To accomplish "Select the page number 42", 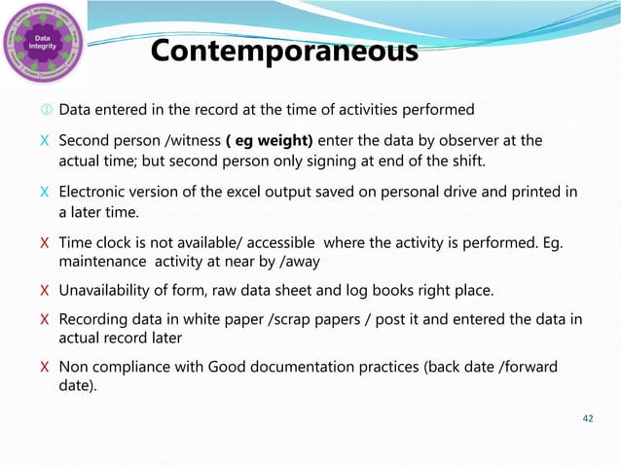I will point(586,418).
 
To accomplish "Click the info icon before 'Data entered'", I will point(46,109).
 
